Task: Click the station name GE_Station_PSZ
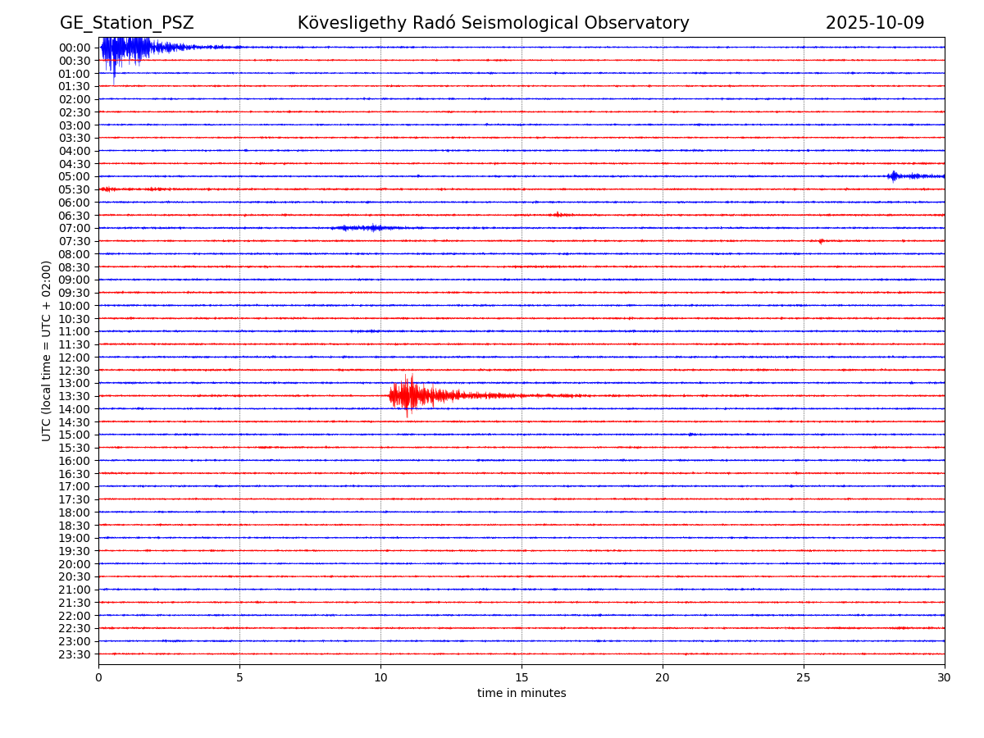(126, 23)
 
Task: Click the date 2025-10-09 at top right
(874, 23)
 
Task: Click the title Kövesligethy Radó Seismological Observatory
(493, 23)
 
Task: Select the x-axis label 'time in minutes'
(522, 694)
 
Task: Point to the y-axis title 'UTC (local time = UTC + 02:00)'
(47, 350)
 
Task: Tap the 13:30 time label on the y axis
(75, 396)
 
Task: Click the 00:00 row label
(75, 48)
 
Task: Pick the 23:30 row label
(75, 654)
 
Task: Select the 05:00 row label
(75, 176)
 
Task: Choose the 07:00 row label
(75, 228)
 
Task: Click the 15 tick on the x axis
(522, 678)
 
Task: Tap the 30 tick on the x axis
(945, 678)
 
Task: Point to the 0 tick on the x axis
(98, 678)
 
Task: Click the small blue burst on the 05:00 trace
(894, 175)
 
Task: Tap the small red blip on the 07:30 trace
(820, 241)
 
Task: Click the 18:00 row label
(75, 512)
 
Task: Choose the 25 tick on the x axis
(804, 678)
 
